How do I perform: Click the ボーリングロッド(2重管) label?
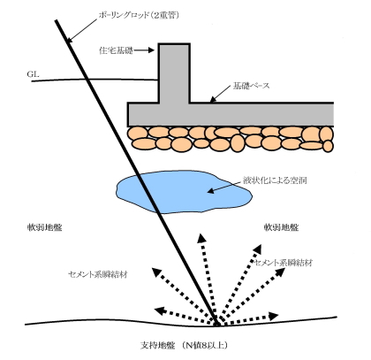(x=139, y=15)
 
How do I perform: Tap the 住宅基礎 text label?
(x=116, y=50)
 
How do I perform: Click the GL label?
(x=33, y=74)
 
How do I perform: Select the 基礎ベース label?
(x=251, y=86)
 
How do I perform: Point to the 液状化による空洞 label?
(x=275, y=180)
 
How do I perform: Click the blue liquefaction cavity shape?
(x=183, y=192)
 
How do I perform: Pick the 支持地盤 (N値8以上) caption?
(x=184, y=345)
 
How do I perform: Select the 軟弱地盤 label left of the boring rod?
(x=45, y=227)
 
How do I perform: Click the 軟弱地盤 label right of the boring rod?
(x=281, y=227)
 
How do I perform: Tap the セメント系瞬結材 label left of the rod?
(x=98, y=274)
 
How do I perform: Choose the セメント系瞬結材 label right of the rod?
(x=283, y=263)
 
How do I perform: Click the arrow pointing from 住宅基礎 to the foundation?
(x=144, y=50)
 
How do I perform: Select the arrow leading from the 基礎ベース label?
(x=221, y=94)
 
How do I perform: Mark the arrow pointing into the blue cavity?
(x=224, y=187)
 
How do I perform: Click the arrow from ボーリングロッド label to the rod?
(x=82, y=30)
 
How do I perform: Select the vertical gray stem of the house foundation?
(x=174, y=73)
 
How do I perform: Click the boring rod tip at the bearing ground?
(x=217, y=325)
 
